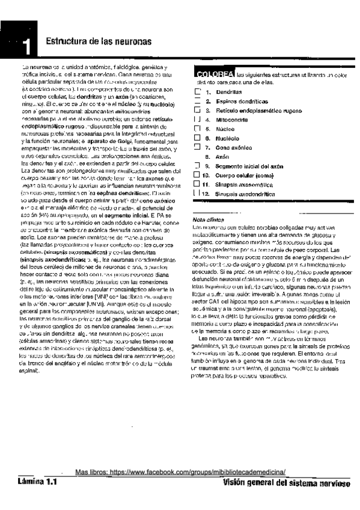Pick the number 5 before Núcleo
pyautogui.click(x=206, y=129)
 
